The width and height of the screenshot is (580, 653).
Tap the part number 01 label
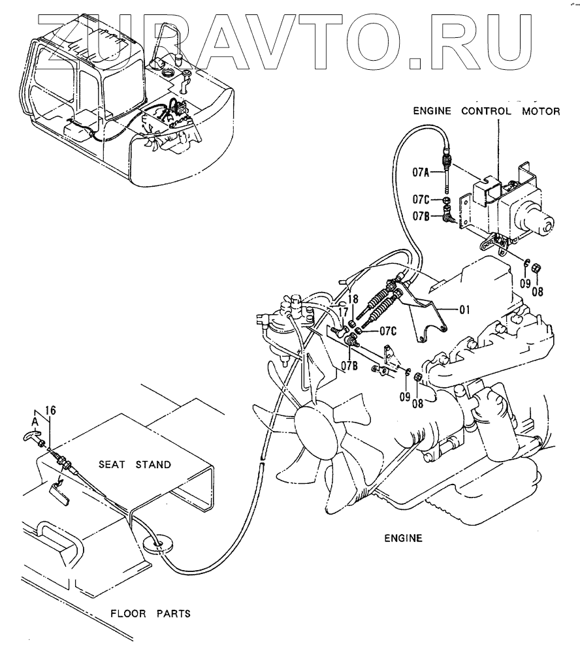pyautogui.click(x=464, y=310)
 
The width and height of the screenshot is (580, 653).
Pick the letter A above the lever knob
pyautogui.click(x=36, y=421)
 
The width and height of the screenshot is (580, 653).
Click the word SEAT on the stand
pyautogui.click(x=113, y=465)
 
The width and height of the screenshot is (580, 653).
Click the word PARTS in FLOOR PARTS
pyautogui.click(x=173, y=614)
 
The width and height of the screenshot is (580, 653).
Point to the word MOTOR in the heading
pyautogui.click(x=540, y=111)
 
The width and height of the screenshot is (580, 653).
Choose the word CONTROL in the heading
pyautogui.click(x=487, y=111)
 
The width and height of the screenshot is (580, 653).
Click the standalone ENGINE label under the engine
pyautogui.click(x=404, y=539)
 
